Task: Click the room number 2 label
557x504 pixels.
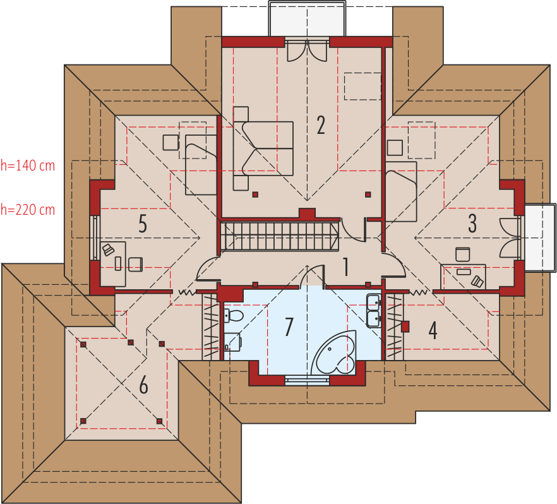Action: pyautogui.click(x=321, y=126)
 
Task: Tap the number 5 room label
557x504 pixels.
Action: pyautogui.click(x=143, y=224)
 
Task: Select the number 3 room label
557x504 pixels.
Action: pyautogui.click(x=472, y=224)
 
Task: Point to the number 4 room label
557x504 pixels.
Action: pyautogui.click(x=433, y=330)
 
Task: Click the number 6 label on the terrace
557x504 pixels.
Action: pyautogui.click(x=143, y=385)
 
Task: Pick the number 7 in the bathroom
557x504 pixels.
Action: pyautogui.click(x=289, y=327)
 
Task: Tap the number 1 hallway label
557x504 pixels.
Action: pyautogui.click(x=345, y=267)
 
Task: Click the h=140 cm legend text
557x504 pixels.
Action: pyautogui.click(x=28, y=165)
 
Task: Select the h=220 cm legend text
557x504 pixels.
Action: pyautogui.click(x=28, y=210)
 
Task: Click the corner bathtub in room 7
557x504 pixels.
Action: pyautogui.click(x=333, y=352)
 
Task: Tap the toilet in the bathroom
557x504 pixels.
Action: pyautogui.click(x=234, y=315)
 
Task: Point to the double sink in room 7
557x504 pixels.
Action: pyautogui.click(x=374, y=310)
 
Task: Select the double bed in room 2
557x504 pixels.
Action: pyautogui.click(x=263, y=148)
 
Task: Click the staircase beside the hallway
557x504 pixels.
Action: pyautogui.click(x=279, y=236)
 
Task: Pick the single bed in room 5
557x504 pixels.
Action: pyautogui.click(x=201, y=164)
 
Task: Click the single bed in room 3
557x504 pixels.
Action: pyautogui.click(x=401, y=192)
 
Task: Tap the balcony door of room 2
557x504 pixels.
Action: pyautogui.click(x=307, y=51)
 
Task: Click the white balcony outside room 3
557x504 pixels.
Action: pyautogui.click(x=541, y=237)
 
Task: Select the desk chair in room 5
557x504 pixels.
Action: pyautogui.click(x=135, y=265)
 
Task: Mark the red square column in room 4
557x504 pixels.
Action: pyautogui.click(x=405, y=327)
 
